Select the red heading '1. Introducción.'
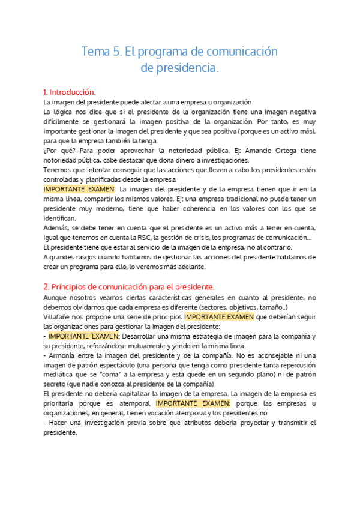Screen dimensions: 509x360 tap(70, 92)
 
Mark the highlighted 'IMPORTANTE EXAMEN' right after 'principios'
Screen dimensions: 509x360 tap(219, 316)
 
